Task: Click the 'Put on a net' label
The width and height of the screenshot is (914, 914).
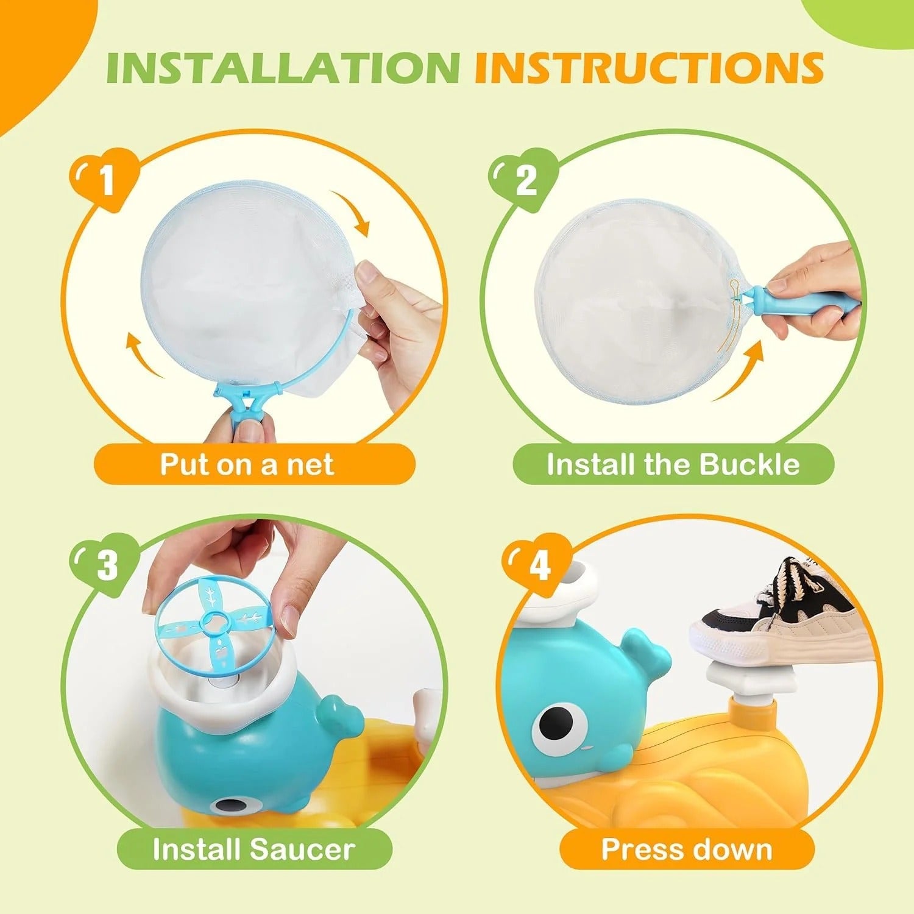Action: point(247,464)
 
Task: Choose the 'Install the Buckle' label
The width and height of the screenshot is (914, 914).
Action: point(673,464)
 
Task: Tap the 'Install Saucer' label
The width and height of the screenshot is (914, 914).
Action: point(253,849)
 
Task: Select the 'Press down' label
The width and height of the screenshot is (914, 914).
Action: point(687,849)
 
